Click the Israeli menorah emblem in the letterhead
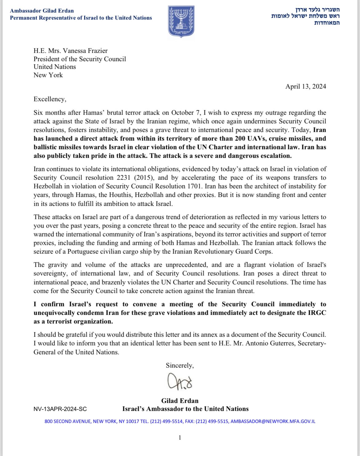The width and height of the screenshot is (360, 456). [x=181, y=21]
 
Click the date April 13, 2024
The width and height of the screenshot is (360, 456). [x=306, y=87]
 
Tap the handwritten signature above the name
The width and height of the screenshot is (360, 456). [x=180, y=382]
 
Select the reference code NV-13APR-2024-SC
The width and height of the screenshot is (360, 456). [x=60, y=409]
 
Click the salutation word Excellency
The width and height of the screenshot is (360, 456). [x=50, y=99]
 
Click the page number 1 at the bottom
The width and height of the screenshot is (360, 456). [x=180, y=438]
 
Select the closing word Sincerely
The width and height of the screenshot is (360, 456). [x=179, y=365]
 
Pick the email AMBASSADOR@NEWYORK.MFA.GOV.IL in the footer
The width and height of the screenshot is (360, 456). [x=273, y=422]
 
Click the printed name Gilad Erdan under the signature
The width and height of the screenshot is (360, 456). [x=180, y=401]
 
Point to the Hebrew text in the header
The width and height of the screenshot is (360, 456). [x=305, y=16]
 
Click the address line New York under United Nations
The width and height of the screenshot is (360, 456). [x=48, y=75]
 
